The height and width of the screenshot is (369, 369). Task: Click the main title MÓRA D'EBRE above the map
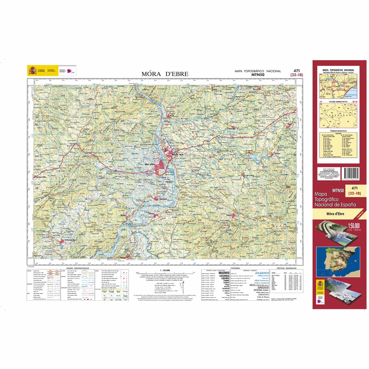pos(165,74)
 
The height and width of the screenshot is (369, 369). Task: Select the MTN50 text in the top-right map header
pos(258,74)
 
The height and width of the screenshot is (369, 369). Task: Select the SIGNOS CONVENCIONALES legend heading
pos(75,268)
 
